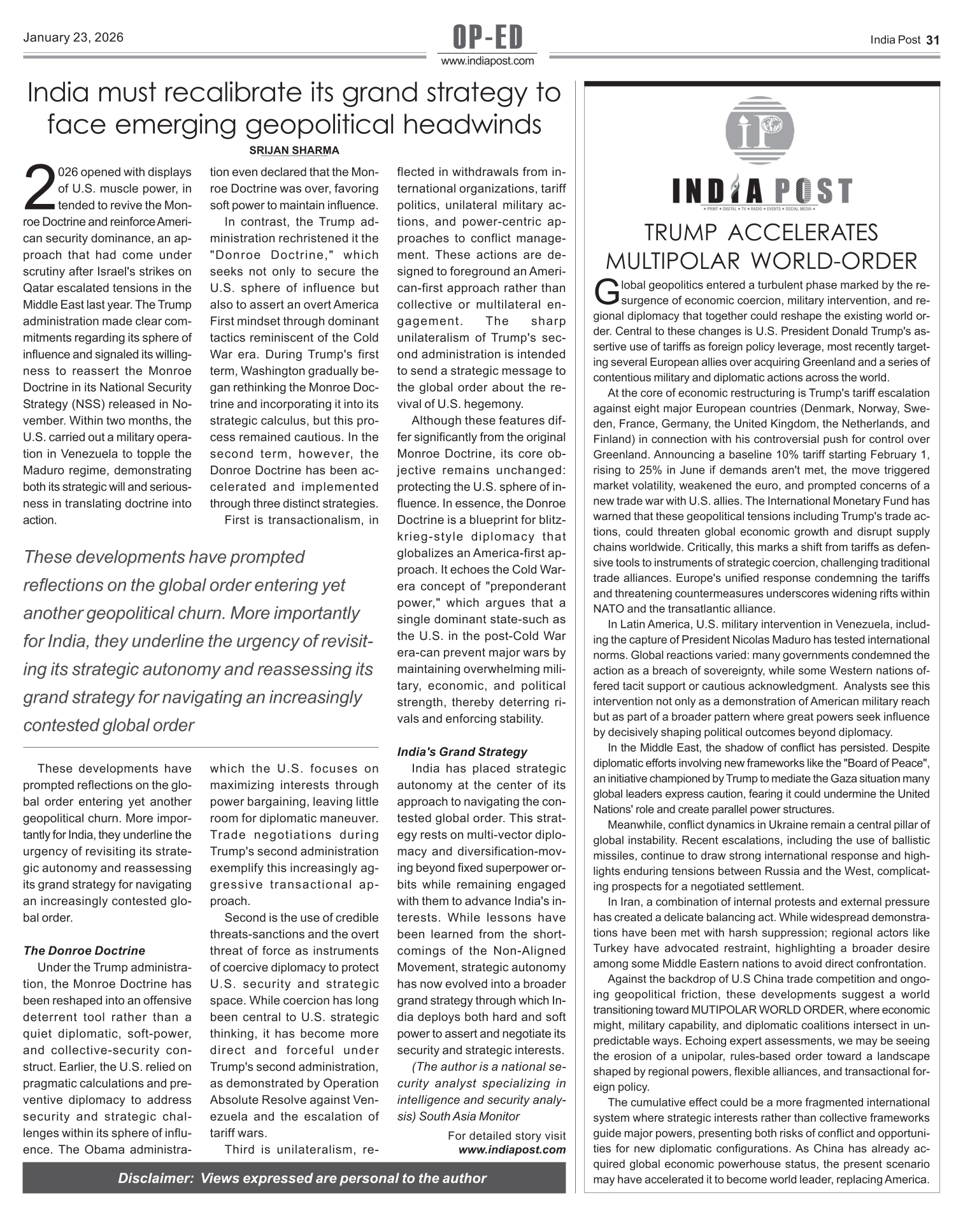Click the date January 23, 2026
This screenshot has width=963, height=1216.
[73, 38]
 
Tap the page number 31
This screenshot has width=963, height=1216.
[932, 40]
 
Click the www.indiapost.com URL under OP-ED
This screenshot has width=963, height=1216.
[488, 61]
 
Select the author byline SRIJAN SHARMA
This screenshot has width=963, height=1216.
[294, 150]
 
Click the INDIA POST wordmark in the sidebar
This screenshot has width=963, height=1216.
[762, 191]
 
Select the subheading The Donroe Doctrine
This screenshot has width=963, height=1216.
[84, 951]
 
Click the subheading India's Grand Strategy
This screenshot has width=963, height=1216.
[462, 752]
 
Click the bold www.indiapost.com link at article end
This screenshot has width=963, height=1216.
[512, 1150]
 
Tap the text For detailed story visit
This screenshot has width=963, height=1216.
[506, 1136]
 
